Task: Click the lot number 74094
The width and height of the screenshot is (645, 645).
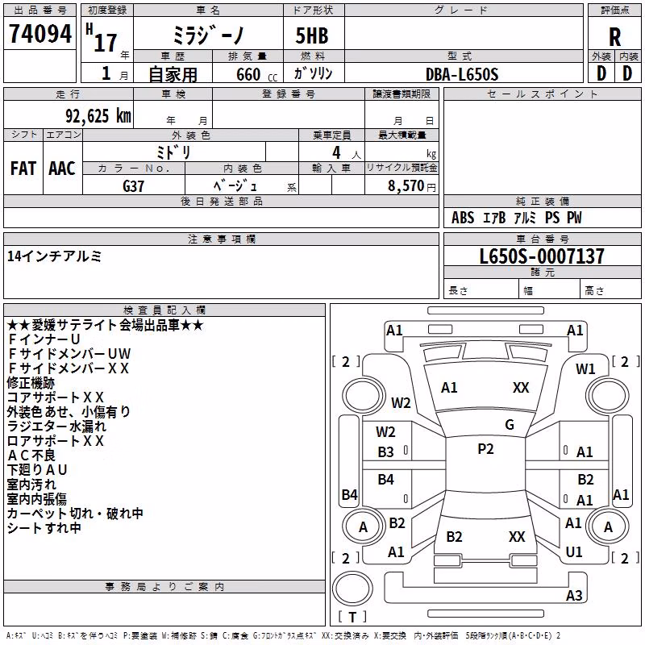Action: point(40,34)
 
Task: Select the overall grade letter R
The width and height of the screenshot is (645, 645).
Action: point(614,37)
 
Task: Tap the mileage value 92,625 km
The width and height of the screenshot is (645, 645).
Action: point(98,116)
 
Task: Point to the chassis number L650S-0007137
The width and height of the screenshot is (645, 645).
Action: point(542,256)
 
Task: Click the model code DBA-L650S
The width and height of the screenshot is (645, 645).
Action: point(462,74)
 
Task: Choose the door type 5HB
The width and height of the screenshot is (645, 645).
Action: point(312,35)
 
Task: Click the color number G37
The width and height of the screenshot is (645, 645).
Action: point(133,186)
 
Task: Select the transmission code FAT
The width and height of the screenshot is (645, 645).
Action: point(23,169)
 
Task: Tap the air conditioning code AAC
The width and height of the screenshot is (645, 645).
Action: point(62,169)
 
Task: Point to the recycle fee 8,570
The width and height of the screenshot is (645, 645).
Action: point(406,186)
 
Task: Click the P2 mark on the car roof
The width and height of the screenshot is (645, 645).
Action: point(485,449)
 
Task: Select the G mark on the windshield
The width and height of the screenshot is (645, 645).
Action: point(510,425)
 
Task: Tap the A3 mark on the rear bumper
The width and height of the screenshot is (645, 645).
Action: point(574,595)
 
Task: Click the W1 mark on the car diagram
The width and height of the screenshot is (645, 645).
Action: point(585,369)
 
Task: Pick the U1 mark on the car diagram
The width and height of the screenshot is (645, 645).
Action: point(574,552)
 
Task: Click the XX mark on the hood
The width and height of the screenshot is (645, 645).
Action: point(521,388)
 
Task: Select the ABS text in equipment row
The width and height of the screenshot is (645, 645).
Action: point(463,218)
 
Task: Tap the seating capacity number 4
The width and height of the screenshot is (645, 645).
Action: point(336,153)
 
